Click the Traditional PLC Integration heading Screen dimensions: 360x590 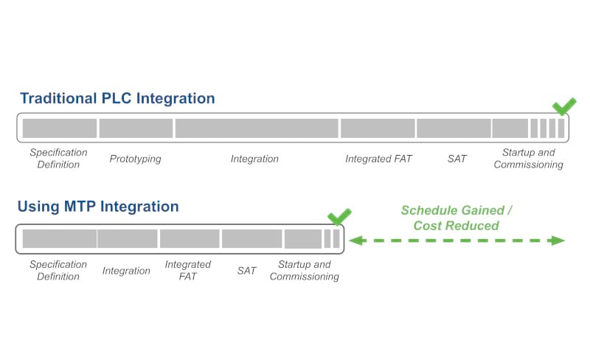(x=117, y=98)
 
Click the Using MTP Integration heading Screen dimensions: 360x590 (x=98, y=207)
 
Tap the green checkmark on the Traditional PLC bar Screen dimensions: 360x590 (x=564, y=107)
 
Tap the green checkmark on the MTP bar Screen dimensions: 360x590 (x=339, y=217)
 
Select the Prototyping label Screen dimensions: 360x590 (x=135, y=159)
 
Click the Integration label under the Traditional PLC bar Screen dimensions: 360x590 (x=254, y=159)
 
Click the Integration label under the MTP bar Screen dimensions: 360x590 (x=126, y=271)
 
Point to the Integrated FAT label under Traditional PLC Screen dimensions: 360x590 (x=378, y=159)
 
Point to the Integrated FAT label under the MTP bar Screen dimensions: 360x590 (x=187, y=270)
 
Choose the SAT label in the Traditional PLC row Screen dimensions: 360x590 (x=457, y=159)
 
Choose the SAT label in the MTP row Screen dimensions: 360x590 (x=246, y=271)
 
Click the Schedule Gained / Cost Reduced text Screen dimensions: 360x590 (x=457, y=218)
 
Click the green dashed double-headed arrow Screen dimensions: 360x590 (x=457, y=240)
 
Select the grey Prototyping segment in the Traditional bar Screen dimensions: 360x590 (x=136, y=128)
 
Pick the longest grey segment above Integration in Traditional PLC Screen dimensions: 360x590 (x=257, y=128)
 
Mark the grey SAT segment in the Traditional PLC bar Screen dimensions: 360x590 (x=454, y=128)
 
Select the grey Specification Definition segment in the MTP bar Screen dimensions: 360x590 (x=59, y=239)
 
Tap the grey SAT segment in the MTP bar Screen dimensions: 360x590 (x=251, y=239)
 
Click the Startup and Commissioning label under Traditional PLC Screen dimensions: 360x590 (x=528, y=159)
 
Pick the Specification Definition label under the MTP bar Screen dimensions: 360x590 (x=58, y=270)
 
